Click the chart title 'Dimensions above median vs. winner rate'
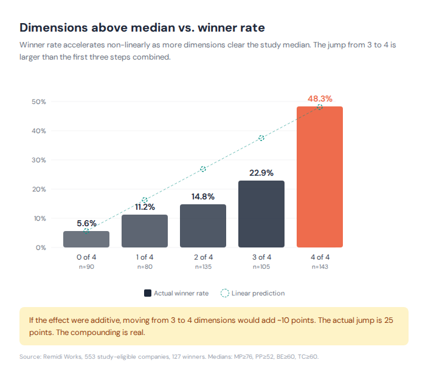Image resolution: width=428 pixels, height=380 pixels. pyautogui.click(x=142, y=28)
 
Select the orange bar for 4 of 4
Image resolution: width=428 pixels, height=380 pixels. pyautogui.click(x=319, y=177)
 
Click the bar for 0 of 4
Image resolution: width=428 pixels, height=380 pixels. pyautogui.click(x=86, y=239)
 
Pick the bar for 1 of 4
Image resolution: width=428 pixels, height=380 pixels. pyautogui.click(x=145, y=231)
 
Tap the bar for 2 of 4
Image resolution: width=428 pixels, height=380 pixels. pyautogui.click(x=203, y=226)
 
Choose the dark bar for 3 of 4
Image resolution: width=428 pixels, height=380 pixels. pyautogui.click(x=261, y=214)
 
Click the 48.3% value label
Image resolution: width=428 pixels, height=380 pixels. pyautogui.click(x=320, y=98)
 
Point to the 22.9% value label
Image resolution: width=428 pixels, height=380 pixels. pyautogui.click(x=261, y=173)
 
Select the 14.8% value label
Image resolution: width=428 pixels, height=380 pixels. pyautogui.click(x=203, y=196)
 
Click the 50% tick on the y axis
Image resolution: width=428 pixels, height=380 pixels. pyautogui.click(x=39, y=102)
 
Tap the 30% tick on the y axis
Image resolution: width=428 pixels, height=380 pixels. pyautogui.click(x=39, y=160)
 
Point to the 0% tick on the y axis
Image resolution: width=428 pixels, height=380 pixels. pyautogui.click(x=41, y=247)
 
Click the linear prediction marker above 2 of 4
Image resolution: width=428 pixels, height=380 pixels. pyautogui.click(x=203, y=168)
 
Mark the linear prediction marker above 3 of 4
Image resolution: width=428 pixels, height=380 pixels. pyautogui.click(x=261, y=138)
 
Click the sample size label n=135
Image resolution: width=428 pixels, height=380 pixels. pyautogui.click(x=203, y=266)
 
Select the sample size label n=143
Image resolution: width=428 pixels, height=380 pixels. pyautogui.click(x=320, y=266)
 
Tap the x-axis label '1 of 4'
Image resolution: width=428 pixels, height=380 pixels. pyautogui.click(x=145, y=257)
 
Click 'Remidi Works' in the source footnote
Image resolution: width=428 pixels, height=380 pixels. pyautogui.click(x=63, y=356)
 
